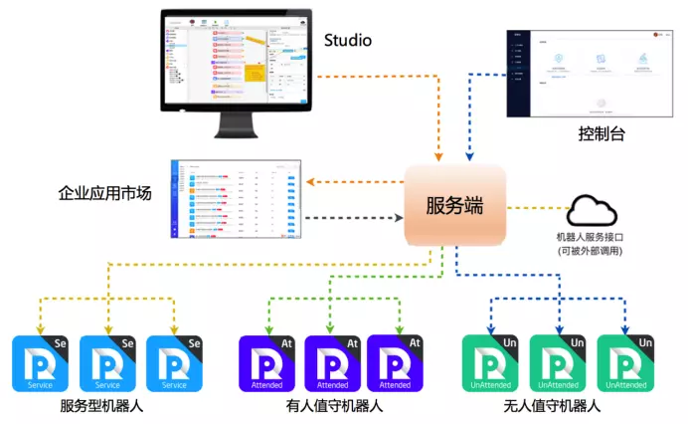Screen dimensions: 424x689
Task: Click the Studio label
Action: [x=348, y=41]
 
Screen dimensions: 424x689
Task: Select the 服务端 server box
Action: [x=454, y=207]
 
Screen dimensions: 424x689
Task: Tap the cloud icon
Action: [x=593, y=211]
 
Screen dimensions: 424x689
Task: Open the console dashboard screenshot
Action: [x=591, y=75]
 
